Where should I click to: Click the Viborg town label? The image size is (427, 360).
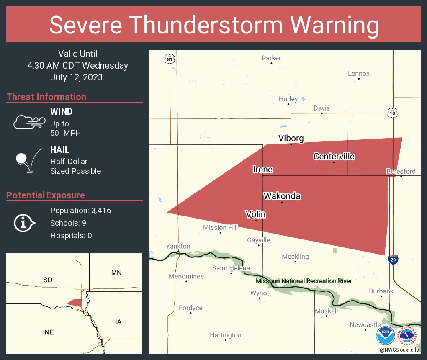(291, 138)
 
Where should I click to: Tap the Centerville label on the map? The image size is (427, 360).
(334, 157)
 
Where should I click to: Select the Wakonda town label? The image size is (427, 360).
(282, 196)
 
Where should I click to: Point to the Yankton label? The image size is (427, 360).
(178, 246)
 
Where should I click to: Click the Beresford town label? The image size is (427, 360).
(401, 171)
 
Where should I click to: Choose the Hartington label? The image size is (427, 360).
(226, 335)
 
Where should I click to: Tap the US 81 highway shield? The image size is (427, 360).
(169, 59)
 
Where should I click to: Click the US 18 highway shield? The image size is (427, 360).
(392, 113)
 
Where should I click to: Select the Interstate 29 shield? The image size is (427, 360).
(393, 260)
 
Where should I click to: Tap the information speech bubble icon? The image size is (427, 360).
(24, 223)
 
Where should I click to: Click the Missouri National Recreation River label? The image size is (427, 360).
(304, 281)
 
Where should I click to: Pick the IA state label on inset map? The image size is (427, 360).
(118, 322)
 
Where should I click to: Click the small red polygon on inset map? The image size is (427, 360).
(75, 302)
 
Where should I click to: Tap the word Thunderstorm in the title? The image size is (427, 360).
(214, 26)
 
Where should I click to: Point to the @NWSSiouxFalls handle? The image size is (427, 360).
(399, 350)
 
